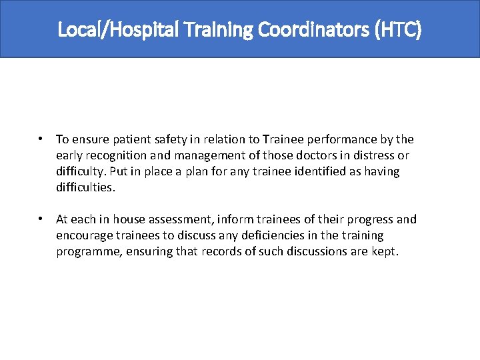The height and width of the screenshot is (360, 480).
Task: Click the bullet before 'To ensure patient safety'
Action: click(x=41, y=139)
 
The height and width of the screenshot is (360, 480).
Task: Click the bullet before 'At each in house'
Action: click(x=41, y=219)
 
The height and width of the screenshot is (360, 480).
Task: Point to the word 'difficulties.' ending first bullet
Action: click(x=86, y=187)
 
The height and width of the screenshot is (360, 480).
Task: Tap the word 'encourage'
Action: click(x=83, y=235)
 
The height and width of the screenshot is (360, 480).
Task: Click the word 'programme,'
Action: click(x=90, y=251)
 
